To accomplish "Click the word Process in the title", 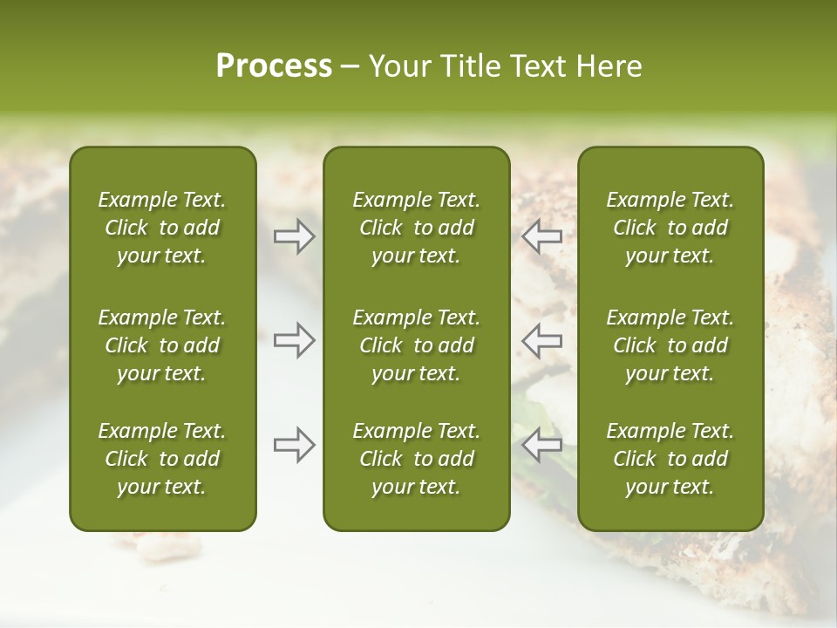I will pyautogui.click(x=274, y=66).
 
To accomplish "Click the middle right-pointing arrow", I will pyautogui.click(x=295, y=340).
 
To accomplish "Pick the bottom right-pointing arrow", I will pyautogui.click(x=295, y=445).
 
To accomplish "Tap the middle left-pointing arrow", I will pyautogui.click(x=542, y=340).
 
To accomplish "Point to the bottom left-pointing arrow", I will pyautogui.click(x=542, y=445).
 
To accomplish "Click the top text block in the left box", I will pyautogui.click(x=162, y=228).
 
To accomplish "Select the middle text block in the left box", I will pyautogui.click(x=162, y=345).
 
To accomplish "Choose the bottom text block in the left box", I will pyautogui.click(x=162, y=459).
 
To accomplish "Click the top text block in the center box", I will pyautogui.click(x=416, y=228).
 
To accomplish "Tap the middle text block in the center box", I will pyautogui.click(x=416, y=345).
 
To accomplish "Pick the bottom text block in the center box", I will pyautogui.click(x=416, y=459).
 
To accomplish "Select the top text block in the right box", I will pyautogui.click(x=670, y=228).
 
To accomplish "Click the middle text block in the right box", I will pyautogui.click(x=670, y=345).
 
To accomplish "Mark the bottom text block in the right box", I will pyautogui.click(x=670, y=459).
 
